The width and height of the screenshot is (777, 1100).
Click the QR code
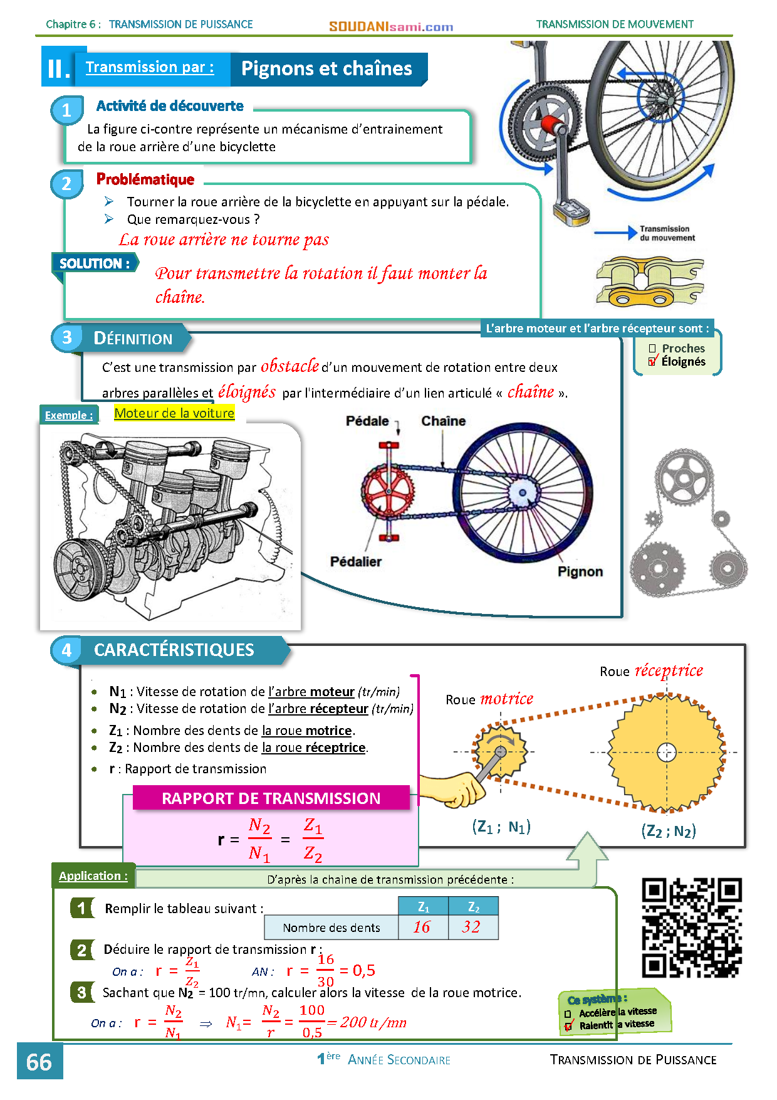point(692,928)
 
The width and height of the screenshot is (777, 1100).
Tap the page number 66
point(39,1062)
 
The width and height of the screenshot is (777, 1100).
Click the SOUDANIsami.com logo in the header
point(391,26)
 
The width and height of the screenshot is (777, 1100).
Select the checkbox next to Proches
point(652,348)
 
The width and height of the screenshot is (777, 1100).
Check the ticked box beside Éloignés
point(652,362)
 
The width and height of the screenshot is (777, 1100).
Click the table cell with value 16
point(423,927)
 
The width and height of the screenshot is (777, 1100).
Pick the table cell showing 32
point(473,927)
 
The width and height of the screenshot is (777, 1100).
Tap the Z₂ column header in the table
point(473,907)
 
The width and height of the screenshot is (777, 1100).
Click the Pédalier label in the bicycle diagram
point(356,562)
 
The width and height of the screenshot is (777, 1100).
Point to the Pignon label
point(580,572)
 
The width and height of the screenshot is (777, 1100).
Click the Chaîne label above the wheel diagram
point(443,421)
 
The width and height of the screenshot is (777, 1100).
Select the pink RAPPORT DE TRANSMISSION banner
point(271,798)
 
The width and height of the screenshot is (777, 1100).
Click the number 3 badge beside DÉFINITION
point(67,337)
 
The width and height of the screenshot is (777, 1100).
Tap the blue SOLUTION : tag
point(94,263)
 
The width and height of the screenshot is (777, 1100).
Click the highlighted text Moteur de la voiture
point(174,413)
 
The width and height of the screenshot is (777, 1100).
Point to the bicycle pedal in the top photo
point(571,212)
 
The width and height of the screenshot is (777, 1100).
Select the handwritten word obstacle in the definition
point(289,366)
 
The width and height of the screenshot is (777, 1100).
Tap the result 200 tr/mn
point(373,1023)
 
